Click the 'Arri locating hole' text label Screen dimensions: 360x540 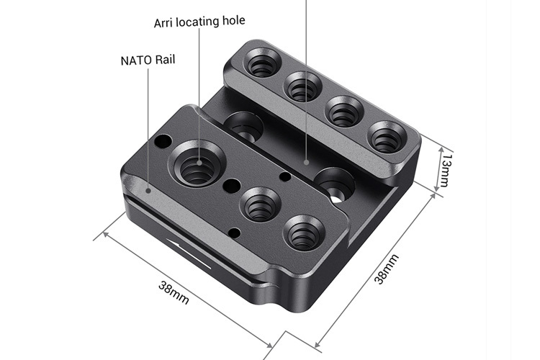tap(200, 23)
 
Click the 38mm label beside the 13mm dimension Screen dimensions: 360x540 tap(386, 269)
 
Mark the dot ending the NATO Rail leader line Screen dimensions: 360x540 tap(148, 190)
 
